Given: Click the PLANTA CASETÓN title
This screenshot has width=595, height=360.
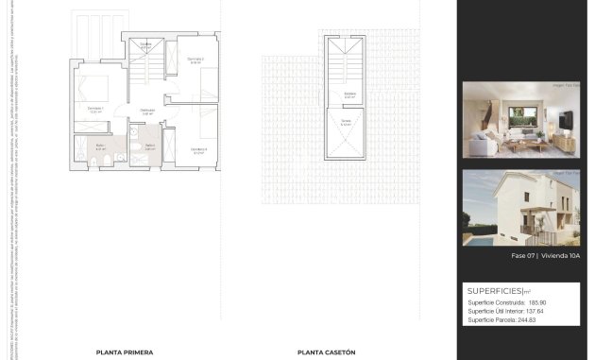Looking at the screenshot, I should [326, 351].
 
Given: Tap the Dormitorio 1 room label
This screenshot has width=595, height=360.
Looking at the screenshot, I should [95, 108].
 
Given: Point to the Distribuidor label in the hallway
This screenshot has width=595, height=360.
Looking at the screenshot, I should [147, 111].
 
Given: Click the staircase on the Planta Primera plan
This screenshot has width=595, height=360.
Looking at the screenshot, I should [151, 76].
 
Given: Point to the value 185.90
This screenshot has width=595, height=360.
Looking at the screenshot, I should [537, 302].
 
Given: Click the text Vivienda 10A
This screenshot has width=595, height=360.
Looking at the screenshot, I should [548, 256].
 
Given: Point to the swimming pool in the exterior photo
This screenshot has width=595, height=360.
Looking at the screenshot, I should [471, 237].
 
